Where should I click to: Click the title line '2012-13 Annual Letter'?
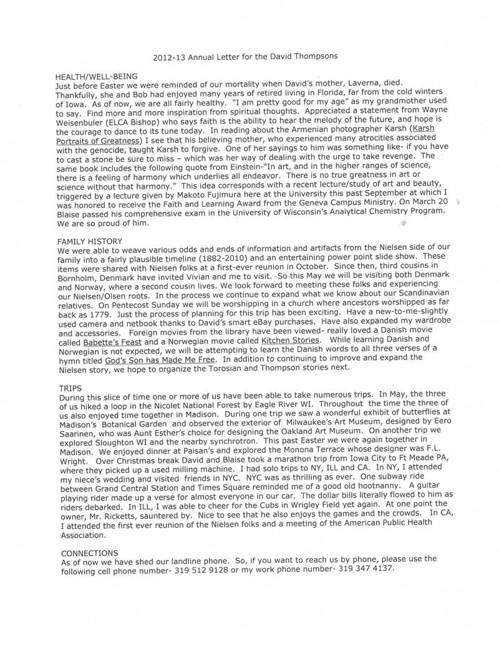245,56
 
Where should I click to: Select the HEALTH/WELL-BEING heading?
97,76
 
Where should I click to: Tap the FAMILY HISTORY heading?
90,241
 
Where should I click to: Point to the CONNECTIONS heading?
90,553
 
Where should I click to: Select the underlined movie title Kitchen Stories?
291,341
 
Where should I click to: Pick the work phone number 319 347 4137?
366,569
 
